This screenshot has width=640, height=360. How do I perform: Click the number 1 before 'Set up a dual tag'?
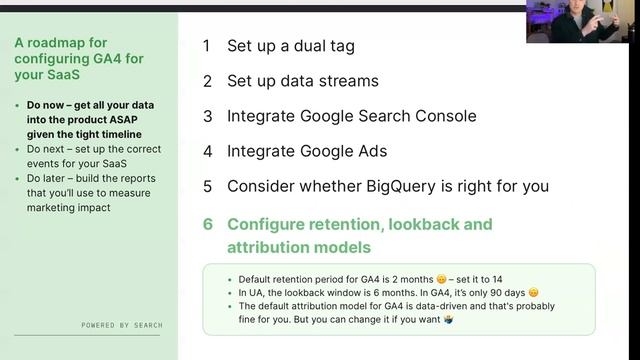207,46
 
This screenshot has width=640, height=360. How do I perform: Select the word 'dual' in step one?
298,46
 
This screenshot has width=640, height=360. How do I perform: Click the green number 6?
208,224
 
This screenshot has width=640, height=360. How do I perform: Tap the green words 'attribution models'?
299,246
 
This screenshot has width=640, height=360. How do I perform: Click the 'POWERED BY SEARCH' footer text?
122,325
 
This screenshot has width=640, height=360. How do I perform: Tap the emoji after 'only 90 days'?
533,292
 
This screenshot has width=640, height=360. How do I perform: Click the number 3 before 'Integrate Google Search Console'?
207,116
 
